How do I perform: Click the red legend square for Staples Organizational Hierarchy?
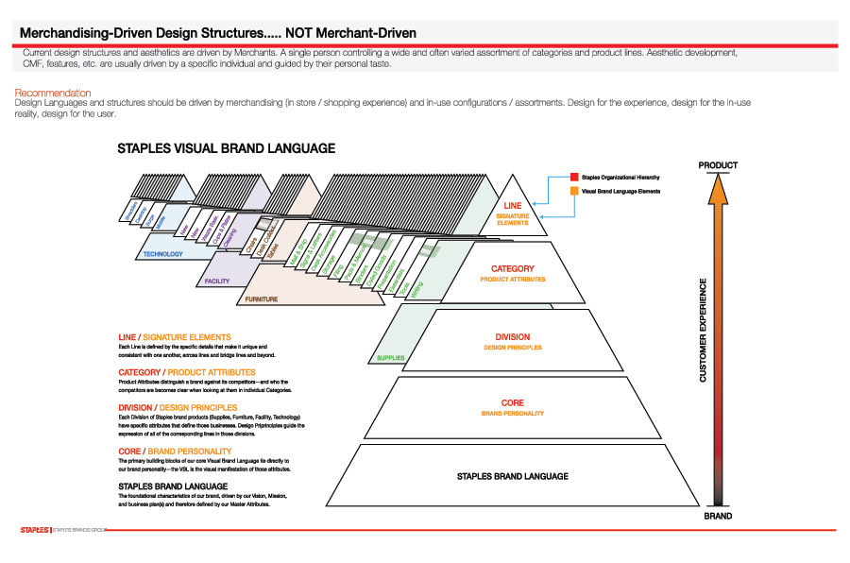click(573, 177)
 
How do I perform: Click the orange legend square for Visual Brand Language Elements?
click(573, 192)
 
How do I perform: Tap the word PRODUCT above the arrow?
click(718, 166)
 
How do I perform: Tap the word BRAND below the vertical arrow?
click(718, 517)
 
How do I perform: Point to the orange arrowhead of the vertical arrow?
click(718, 190)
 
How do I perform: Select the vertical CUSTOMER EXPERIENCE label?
click(703, 330)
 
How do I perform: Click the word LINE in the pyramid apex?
click(513, 206)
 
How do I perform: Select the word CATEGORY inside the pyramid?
click(513, 269)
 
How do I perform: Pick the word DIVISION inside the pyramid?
click(513, 337)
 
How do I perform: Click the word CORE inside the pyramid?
click(513, 403)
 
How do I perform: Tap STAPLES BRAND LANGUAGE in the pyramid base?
click(513, 476)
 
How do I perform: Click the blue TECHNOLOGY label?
click(163, 254)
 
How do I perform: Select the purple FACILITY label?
click(217, 281)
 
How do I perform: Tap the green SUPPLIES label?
click(391, 358)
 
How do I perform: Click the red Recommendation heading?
click(53, 93)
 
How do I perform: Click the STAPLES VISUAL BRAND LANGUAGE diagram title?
click(226, 148)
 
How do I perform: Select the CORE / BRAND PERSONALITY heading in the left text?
click(175, 452)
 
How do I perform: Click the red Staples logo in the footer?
click(35, 531)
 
